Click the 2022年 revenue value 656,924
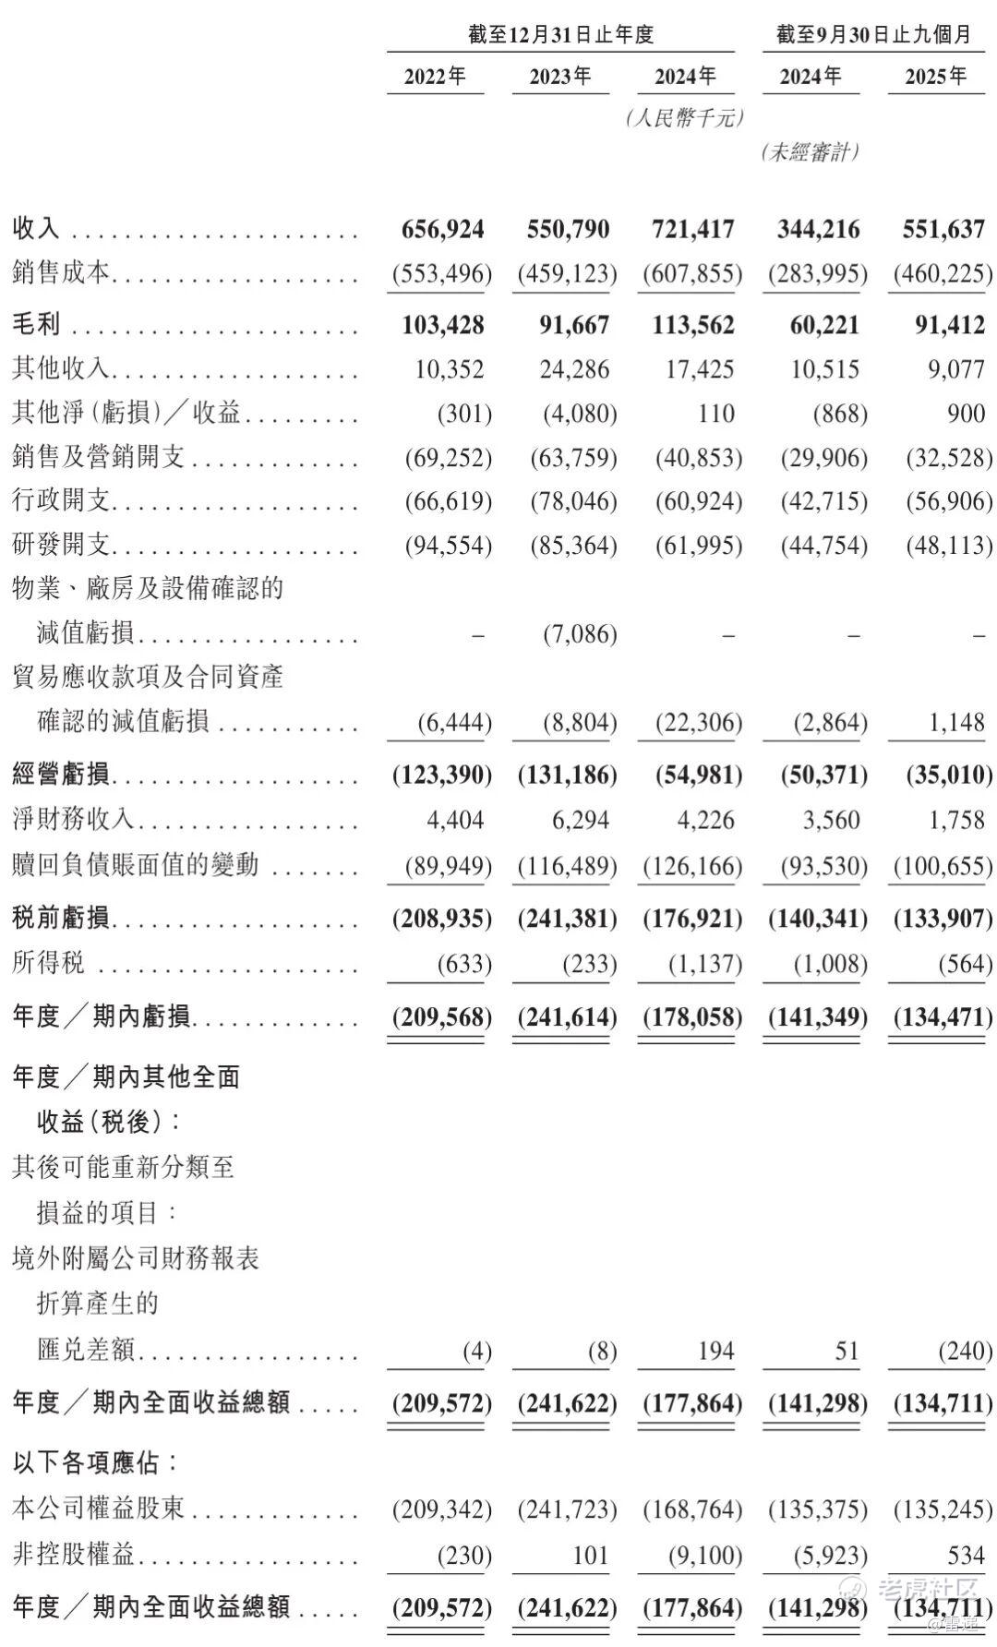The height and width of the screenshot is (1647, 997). click(x=442, y=229)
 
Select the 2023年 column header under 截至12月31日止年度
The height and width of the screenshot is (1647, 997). click(x=560, y=76)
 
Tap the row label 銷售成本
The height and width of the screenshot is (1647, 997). click(x=61, y=273)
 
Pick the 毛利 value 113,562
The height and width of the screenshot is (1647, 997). click(x=693, y=325)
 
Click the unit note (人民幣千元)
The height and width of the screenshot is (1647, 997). click(x=684, y=118)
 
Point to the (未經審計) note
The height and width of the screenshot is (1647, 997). click(x=811, y=152)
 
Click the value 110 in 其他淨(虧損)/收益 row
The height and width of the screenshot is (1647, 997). click(x=716, y=413)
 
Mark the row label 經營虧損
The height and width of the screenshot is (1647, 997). click(x=61, y=774)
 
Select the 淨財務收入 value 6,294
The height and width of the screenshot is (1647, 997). click(x=581, y=820)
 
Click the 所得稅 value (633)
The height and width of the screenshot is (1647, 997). click(x=463, y=965)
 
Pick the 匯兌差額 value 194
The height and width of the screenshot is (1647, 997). click(x=715, y=1352)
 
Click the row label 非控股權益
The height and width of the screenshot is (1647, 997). click(x=74, y=1555)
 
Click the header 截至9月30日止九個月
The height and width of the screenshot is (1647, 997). click(x=873, y=35)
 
